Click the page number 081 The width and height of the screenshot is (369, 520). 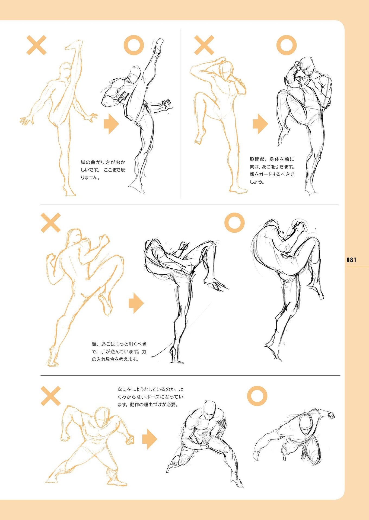coord(351,260)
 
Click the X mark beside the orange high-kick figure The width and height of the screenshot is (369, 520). coord(36,45)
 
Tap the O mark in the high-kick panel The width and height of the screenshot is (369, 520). coord(134,45)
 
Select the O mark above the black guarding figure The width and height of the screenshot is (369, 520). coord(287,45)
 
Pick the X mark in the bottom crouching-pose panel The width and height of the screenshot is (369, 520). coord(50,396)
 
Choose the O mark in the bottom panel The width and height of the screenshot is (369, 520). coord(257,396)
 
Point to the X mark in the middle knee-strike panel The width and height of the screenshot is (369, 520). coord(50,223)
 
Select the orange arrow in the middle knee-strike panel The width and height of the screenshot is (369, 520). coord(136,303)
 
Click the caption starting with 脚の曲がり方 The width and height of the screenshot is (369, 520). coord(103,170)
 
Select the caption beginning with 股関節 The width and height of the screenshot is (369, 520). coord(272,171)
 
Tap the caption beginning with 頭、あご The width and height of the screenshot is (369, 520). coord(119,352)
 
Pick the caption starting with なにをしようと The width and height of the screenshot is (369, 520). coord(151,397)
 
